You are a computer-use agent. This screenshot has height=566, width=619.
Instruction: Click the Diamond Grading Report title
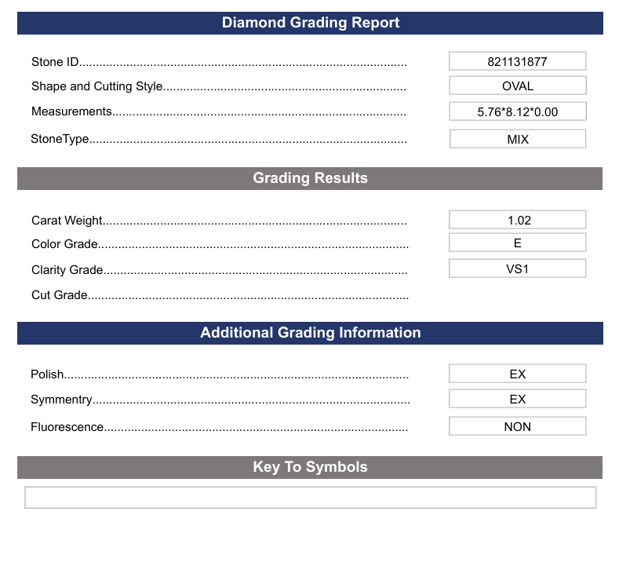pos(310,23)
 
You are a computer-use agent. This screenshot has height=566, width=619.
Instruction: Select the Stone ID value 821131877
pos(517,61)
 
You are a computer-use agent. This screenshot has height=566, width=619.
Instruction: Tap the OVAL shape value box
pos(517,86)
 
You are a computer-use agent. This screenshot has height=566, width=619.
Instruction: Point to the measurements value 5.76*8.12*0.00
pos(517,111)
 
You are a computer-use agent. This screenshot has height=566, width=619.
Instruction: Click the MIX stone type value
pos(517,139)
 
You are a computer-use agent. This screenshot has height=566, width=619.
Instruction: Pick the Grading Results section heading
pos(310,178)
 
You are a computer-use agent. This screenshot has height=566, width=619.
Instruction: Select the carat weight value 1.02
pos(517,221)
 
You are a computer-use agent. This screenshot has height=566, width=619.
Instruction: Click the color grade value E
pos(517,243)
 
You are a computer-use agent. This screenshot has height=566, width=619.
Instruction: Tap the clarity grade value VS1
pos(517,268)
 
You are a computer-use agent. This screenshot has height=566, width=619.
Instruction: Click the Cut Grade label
pos(60,295)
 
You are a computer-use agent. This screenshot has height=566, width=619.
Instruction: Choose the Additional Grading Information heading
pos(310,333)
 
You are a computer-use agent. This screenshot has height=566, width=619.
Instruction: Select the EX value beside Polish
pos(517,374)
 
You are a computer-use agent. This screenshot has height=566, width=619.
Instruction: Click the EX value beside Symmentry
pos(517,399)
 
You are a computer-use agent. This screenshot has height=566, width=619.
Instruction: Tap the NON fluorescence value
pos(517,427)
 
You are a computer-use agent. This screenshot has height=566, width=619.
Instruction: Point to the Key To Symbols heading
pos(310,467)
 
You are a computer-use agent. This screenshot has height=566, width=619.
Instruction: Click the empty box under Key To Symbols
pos(310,498)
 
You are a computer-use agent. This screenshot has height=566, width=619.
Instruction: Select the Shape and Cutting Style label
pos(96,86)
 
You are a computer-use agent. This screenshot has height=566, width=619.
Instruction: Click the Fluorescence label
pos(67,427)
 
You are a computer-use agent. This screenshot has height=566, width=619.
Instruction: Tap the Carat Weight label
pos(67,221)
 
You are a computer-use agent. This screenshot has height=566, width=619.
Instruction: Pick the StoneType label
pos(60,139)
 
